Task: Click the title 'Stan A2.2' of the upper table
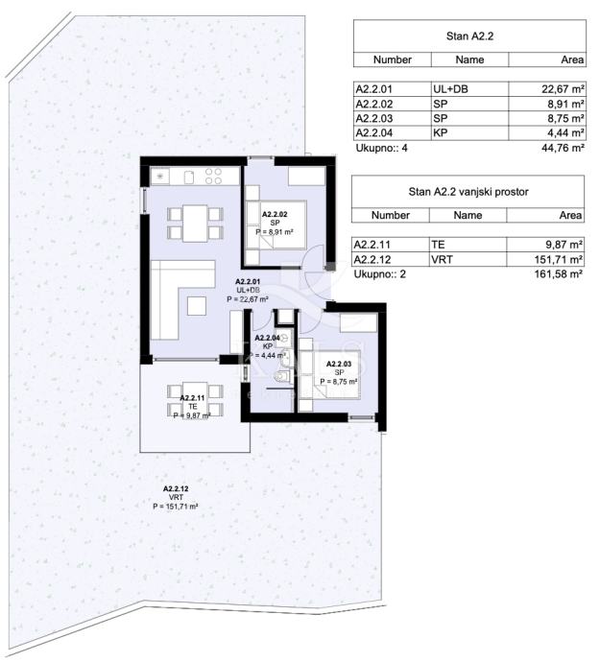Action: [469, 35]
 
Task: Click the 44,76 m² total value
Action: [563, 148]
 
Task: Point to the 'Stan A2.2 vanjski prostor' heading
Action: [468, 192]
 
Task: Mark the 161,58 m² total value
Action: [559, 273]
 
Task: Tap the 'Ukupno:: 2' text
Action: [379, 274]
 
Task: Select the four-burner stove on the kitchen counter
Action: [213, 177]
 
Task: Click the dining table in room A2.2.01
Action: [195, 224]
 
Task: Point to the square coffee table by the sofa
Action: [197, 306]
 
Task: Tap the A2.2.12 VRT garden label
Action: [176, 497]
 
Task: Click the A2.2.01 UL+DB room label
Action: [248, 290]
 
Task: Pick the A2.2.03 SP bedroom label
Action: [339, 373]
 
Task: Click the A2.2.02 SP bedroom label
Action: [275, 223]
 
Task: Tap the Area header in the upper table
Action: [572, 59]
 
